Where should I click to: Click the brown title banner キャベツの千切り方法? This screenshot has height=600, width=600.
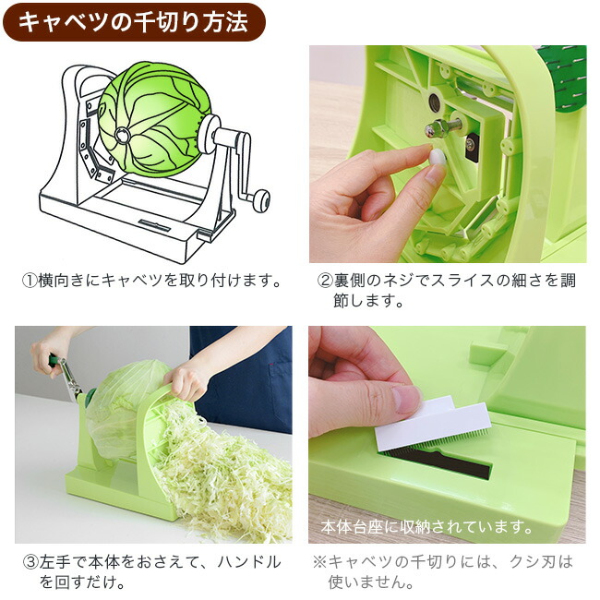point(135,22)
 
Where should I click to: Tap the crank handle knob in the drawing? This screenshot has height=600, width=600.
point(261,197)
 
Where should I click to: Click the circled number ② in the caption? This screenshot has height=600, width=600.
point(325,280)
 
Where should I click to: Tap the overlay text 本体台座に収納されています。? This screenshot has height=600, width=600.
point(426,528)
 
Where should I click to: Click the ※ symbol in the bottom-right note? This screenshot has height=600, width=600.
point(319,561)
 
